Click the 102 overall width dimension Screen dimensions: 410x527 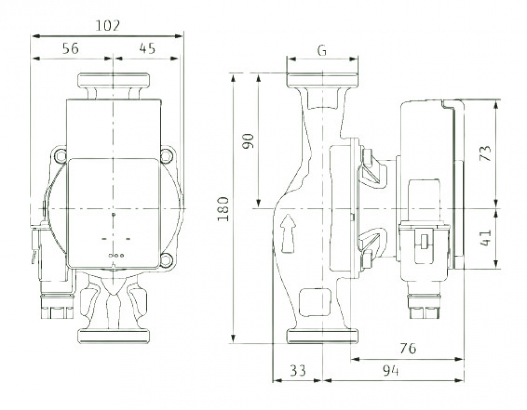tap(108, 26)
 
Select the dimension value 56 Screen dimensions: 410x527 tap(70, 49)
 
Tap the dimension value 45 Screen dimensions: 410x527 tap(147, 49)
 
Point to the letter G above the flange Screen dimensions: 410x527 tap(322, 50)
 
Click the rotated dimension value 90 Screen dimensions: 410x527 tap(248, 140)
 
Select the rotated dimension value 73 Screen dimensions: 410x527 tap(485, 153)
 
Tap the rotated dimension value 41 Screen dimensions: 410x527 tap(485, 237)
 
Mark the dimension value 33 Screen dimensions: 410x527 tap(297, 371)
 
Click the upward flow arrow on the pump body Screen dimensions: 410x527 tap(289, 233)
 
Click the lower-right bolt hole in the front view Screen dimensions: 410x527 tap(166, 260)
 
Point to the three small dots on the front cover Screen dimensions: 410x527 tap(116, 255)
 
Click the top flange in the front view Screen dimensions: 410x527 tap(113, 80)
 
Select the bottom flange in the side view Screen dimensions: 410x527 tap(322, 336)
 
